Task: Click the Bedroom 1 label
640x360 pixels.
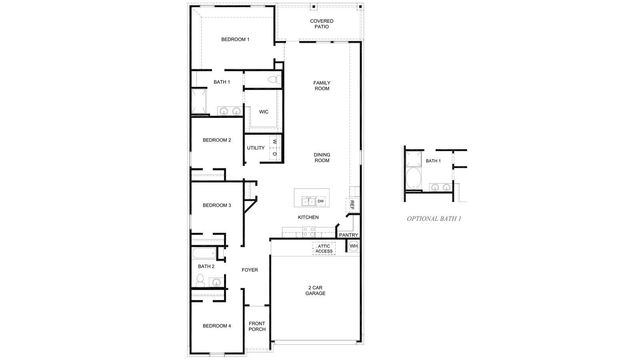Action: pyautogui.click(x=234, y=39)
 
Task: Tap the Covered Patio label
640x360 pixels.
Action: pyautogui.click(x=321, y=23)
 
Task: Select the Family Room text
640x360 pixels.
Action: pyautogui.click(x=321, y=86)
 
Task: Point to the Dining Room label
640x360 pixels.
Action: pyautogui.click(x=321, y=157)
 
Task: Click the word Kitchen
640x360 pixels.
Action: pyautogui.click(x=308, y=217)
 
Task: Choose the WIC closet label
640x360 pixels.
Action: pyautogui.click(x=264, y=112)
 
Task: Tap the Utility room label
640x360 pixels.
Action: pyautogui.click(x=255, y=148)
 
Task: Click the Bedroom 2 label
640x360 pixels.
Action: pyautogui.click(x=217, y=140)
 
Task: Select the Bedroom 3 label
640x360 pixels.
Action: pyautogui.click(x=217, y=206)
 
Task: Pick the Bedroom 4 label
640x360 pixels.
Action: pyautogui.click(x=217, y=326)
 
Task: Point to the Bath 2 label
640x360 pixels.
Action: pyautogui.click(x=206, y=267)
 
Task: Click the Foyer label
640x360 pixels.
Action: pyautogui.click(x=249, y=270)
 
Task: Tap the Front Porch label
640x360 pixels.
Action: pyautogui.click(x=257, y=325)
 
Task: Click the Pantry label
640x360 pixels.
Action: pyautogui.click(x=348, y=235)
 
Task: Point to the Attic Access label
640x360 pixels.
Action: pyautogui.click(x=324, y=248)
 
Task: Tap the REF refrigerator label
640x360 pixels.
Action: pyautogui.click(x=352, y=204)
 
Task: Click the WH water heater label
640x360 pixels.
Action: pyautogui.click(x=353, y=246)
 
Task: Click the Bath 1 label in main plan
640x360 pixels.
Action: pyautogui.click(x=222, y=82)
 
